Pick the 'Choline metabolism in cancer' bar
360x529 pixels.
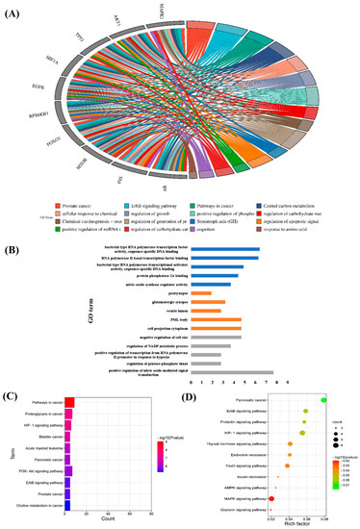click(x=66, y=477)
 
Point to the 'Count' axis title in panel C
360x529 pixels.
click(x=107, y=493)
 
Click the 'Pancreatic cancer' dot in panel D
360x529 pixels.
click(x=324, y=398)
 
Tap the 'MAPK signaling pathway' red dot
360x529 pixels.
click(x=272, y=472)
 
